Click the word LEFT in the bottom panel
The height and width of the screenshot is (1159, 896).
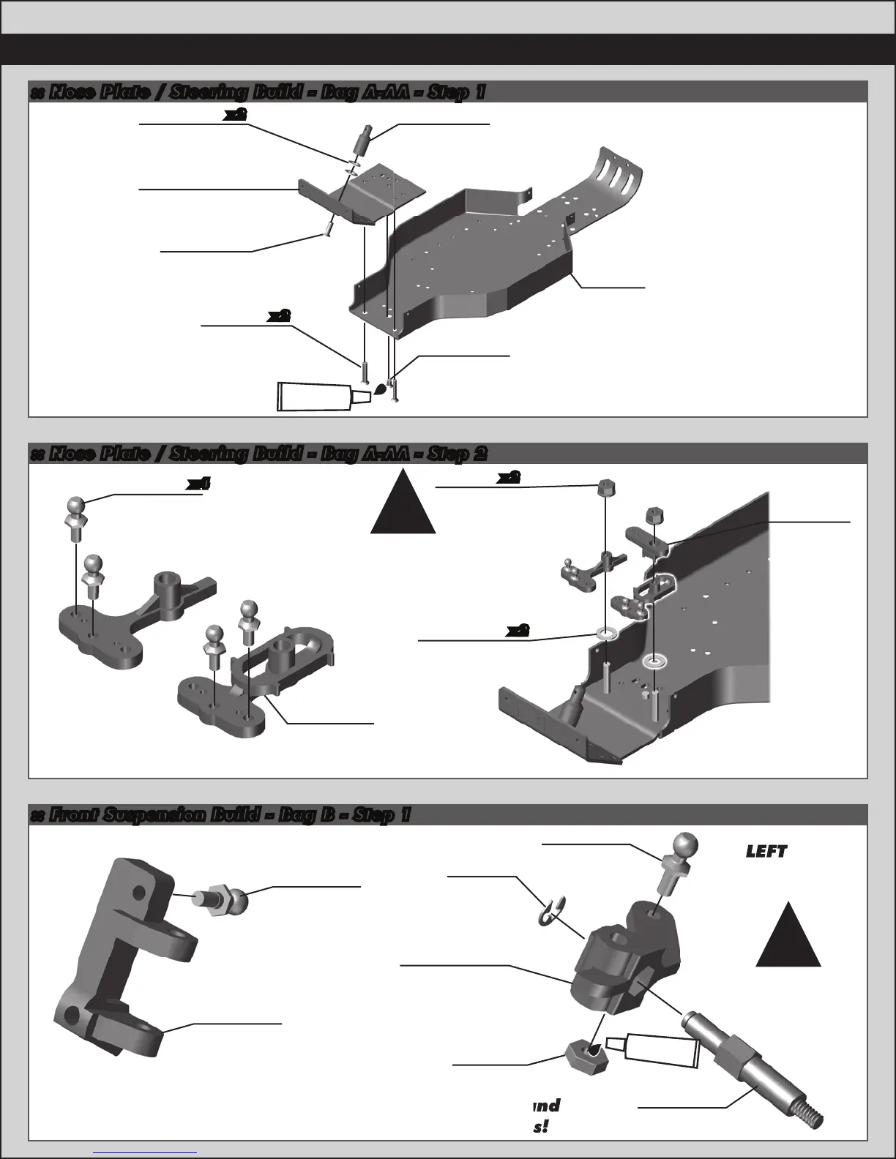tap(766, 851)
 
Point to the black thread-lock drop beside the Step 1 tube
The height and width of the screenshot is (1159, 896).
tap(380, 389)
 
